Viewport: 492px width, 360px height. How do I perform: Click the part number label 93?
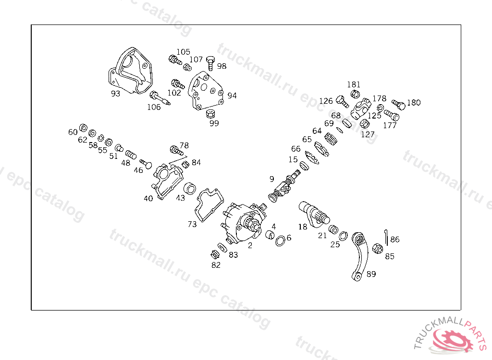(x=115, y=94)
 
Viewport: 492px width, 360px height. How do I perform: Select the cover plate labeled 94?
(x=206, y=90)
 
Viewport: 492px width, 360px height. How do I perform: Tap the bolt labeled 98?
(x=210, y=63)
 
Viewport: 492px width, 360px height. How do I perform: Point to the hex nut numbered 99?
(x=210, y=113)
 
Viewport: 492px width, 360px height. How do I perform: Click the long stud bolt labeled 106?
(x=160, y=98)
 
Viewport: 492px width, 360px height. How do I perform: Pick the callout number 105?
(x=183, y=52)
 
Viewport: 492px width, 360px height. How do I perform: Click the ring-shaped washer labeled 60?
(x=83, y=128)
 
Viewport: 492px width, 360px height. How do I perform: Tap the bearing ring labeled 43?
(x=189, y=189)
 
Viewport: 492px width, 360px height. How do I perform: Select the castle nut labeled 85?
(x=378, y=249)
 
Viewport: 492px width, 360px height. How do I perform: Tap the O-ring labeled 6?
(x=280, y=241)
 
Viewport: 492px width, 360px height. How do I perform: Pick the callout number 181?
(x=354, y=84)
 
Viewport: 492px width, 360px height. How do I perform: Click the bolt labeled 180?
(x=398, y=105)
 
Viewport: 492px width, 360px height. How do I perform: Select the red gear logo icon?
(x=452, y=340)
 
